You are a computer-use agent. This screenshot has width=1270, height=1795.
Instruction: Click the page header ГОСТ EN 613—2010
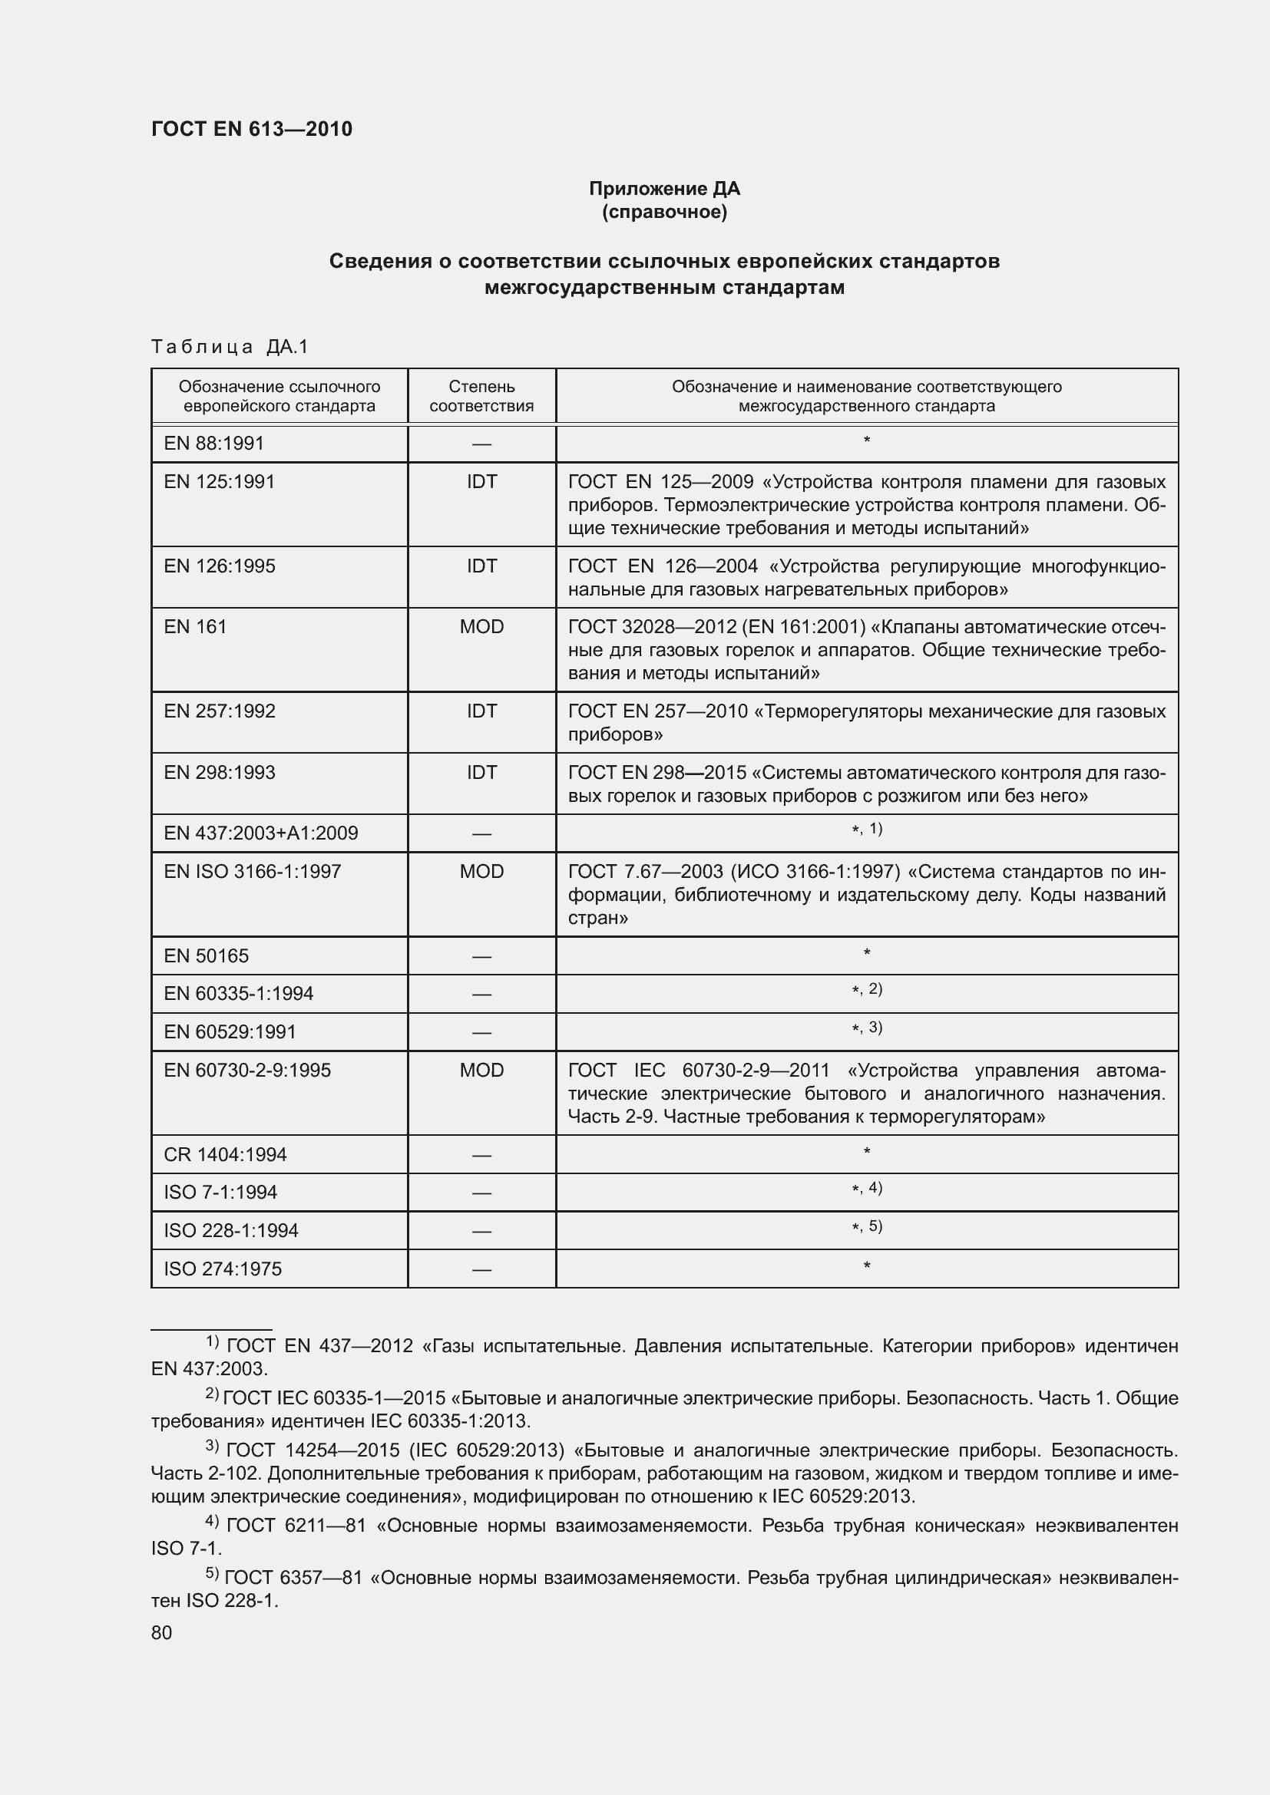tap(251, 129)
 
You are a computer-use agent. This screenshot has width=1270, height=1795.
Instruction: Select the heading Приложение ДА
tap(664, 189)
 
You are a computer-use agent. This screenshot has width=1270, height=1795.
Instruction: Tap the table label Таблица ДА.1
tap(230, 346)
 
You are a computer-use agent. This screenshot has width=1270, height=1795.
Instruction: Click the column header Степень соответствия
tap(481, 396)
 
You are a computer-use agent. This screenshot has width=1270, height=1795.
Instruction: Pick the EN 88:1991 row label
tap(213, 444)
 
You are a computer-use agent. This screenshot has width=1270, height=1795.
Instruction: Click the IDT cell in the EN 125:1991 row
tap(481, 482)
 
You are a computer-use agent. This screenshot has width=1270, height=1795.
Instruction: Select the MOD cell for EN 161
tap(481, 627)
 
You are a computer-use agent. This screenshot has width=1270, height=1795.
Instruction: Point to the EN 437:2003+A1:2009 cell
tap(260, 833)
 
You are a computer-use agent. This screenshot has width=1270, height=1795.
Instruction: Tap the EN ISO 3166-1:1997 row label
tap(252, 871)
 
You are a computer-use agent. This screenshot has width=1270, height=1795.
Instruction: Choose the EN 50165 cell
tap(206, 955)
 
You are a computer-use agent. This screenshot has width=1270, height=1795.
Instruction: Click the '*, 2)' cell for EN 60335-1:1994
tap(866, 990)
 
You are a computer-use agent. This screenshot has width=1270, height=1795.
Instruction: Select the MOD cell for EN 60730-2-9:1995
tap(481, 1070)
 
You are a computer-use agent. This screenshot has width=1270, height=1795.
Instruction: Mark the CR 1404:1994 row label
tap(224, 1154)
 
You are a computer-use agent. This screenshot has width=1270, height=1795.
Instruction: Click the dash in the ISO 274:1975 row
tap(481, 1269)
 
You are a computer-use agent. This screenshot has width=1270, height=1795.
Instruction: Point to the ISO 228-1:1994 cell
tap(230, 1230)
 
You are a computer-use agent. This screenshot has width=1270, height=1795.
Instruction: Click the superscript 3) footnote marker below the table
tap(212, 1447)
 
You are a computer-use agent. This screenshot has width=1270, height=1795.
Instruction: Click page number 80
tap(161, 1632)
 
